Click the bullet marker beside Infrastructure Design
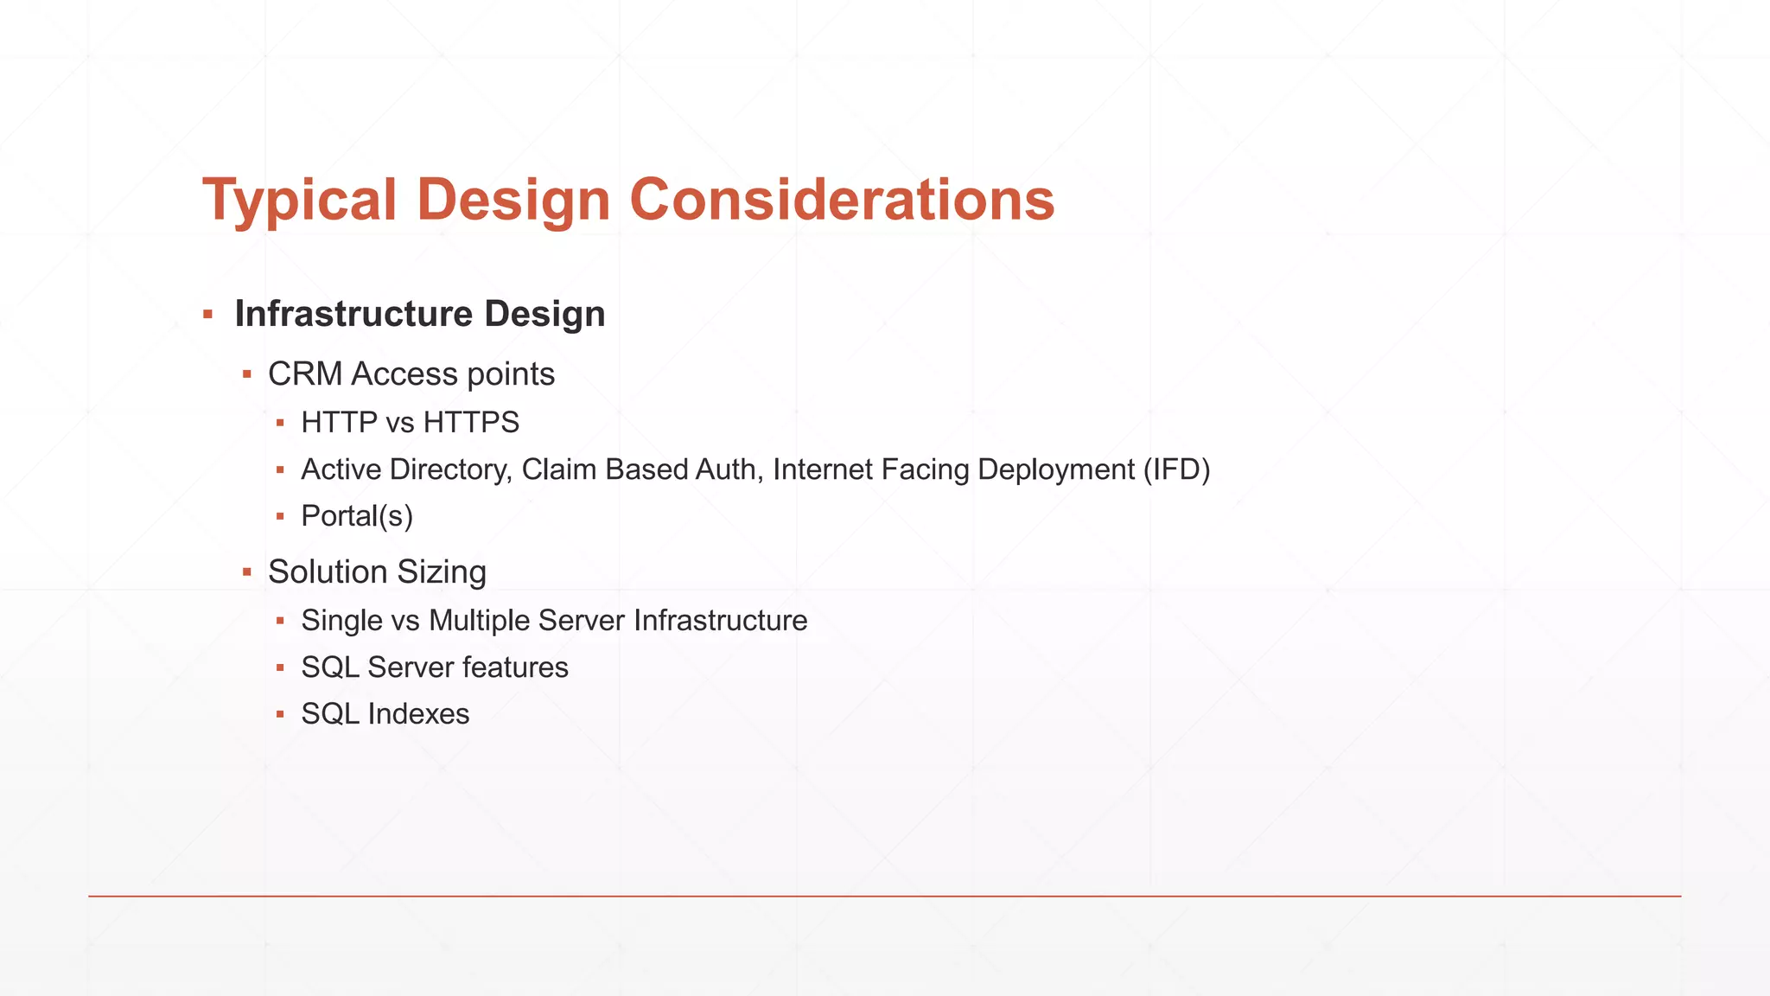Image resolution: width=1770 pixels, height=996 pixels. (x=207, y=314)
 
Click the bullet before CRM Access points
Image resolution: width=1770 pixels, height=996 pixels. (x=247, y=374)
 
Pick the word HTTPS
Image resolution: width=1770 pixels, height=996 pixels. (x=471, y=423)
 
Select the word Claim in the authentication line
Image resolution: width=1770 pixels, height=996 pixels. (x=558, y=469)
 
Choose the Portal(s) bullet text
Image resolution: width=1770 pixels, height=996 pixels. (x=357, y=516)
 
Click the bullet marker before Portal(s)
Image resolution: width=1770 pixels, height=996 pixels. (x=280, y=516)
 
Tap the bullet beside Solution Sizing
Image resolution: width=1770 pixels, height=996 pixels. (x=247, y=572)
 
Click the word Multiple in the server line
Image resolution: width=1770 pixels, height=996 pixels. (x=479, y=621)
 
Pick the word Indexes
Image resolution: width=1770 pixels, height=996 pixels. (x=418, y=714)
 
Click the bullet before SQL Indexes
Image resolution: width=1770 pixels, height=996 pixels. (x=280, y=714)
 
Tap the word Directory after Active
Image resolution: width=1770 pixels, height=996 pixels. (x=450, y=469)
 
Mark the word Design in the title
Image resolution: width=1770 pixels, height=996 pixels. (x=513, y=199)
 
